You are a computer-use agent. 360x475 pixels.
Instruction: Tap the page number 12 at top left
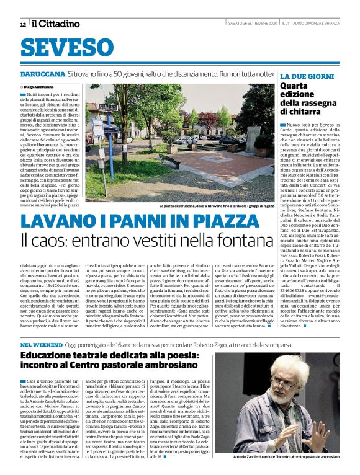(x=23, y=25)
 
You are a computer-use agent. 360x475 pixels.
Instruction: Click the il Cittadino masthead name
(x=56, y=24)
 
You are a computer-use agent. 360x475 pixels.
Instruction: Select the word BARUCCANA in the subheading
(x=42, y=74)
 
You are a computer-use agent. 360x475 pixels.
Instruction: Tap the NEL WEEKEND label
(x=39, y=344)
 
